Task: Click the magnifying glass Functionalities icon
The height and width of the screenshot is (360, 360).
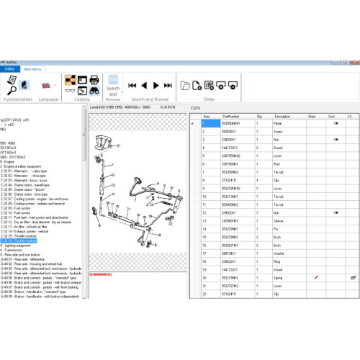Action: (13, 85)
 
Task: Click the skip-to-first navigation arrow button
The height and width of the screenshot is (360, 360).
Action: (132, 85)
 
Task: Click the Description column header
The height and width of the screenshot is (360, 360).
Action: (282, 116)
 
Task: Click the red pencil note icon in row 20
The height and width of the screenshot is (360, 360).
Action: (315, 276)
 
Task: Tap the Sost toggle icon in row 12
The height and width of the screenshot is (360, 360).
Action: (336, 212)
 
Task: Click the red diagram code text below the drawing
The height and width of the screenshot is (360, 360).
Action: (101, 274)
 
